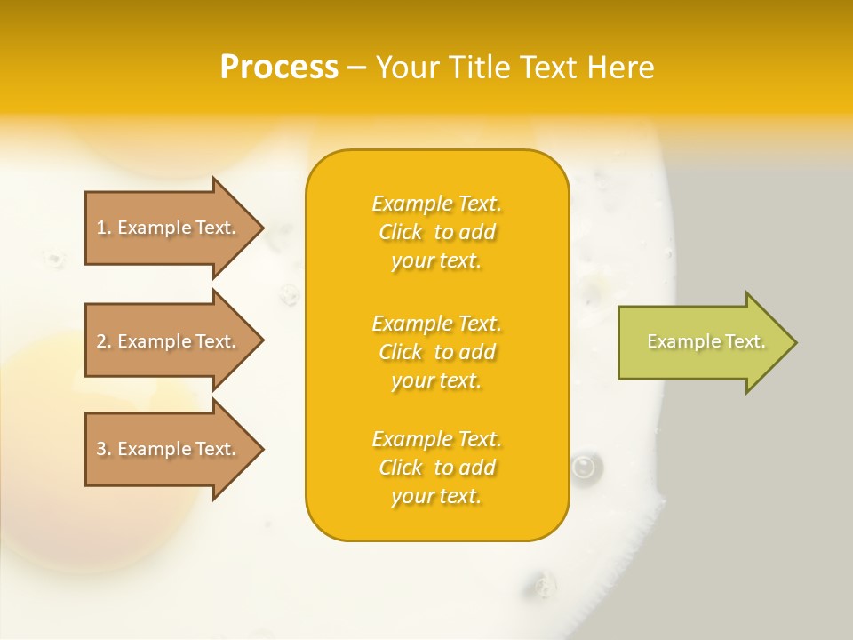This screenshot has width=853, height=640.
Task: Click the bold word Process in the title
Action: pyautogui.click(x=279, y=68)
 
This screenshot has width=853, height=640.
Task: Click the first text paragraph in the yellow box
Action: pyautogui.click(x=436, y=232)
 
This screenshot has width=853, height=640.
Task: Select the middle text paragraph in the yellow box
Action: pyautogui.click(x=436, y=352)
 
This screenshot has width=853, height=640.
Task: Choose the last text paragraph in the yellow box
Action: pyautogui.click(x=436, y=468)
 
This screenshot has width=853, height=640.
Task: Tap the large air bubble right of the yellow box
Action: pyautogui.click(x=584, y=465)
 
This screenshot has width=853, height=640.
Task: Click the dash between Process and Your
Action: pyautogui.click(x=356, y=68)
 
